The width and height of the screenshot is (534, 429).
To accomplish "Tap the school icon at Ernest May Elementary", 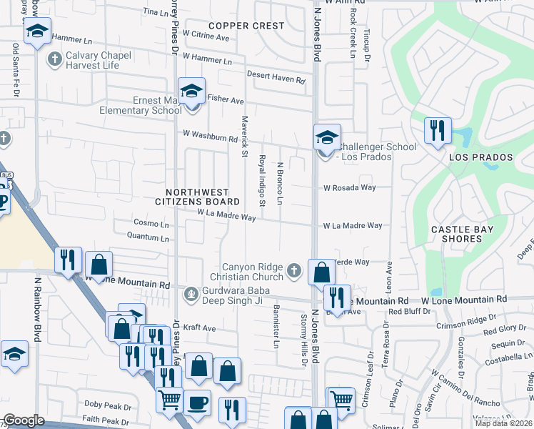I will pos(191,92).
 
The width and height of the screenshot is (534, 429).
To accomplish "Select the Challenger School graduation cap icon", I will pos(326,137).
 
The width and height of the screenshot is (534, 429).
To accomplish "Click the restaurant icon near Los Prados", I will pos(435,131).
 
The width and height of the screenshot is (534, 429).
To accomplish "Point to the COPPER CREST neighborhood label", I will pos(246,26).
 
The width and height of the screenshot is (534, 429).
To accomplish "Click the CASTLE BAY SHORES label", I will pos(460,235).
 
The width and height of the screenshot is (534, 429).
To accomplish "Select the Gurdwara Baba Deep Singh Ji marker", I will pos(191,293).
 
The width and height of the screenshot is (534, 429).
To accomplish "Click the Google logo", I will pos(24,420).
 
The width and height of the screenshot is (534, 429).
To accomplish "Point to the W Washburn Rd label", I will pos(209,134).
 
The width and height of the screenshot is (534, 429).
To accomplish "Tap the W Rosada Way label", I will pos(349,188).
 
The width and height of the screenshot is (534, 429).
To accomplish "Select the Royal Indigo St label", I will pos(262,182).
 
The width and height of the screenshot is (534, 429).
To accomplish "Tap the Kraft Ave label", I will pos(199,328).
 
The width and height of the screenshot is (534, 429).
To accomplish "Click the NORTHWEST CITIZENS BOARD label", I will pos(197,197).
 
